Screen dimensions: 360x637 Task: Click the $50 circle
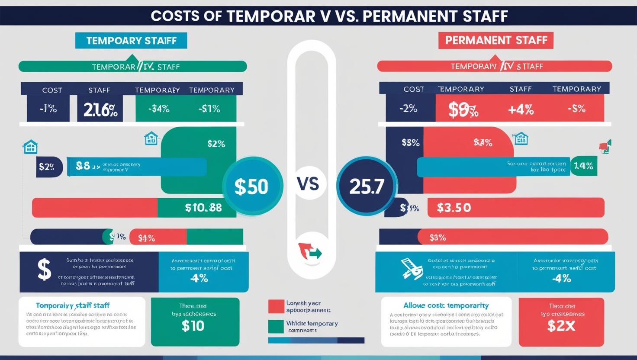coord(252,186)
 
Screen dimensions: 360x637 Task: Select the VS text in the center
coord(308,184)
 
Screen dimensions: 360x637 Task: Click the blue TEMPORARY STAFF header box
coord(131,41)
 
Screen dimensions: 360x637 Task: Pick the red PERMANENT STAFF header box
coord(496,41)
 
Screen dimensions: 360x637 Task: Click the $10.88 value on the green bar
coord(203,208)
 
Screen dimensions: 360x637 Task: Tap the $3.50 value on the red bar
coord(454,208)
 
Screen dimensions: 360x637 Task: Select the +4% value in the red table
coord(521,109)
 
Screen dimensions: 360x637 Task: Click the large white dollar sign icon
coord(44,270)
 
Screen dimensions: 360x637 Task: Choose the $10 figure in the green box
coord(193,326)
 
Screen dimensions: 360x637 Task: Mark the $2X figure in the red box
coord(561,326)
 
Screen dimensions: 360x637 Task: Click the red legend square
coord(276,306)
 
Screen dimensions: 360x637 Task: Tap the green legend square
coord(276,327)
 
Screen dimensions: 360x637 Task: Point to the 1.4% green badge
coord(583,166)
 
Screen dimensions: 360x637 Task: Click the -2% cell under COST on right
coord(408,109)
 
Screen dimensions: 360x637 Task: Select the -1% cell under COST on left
coord(48,109)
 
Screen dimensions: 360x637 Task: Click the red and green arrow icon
coord(309,251)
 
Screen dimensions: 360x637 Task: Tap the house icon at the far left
coord(30,147)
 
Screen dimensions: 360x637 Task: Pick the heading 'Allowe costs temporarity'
coord(446,305)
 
